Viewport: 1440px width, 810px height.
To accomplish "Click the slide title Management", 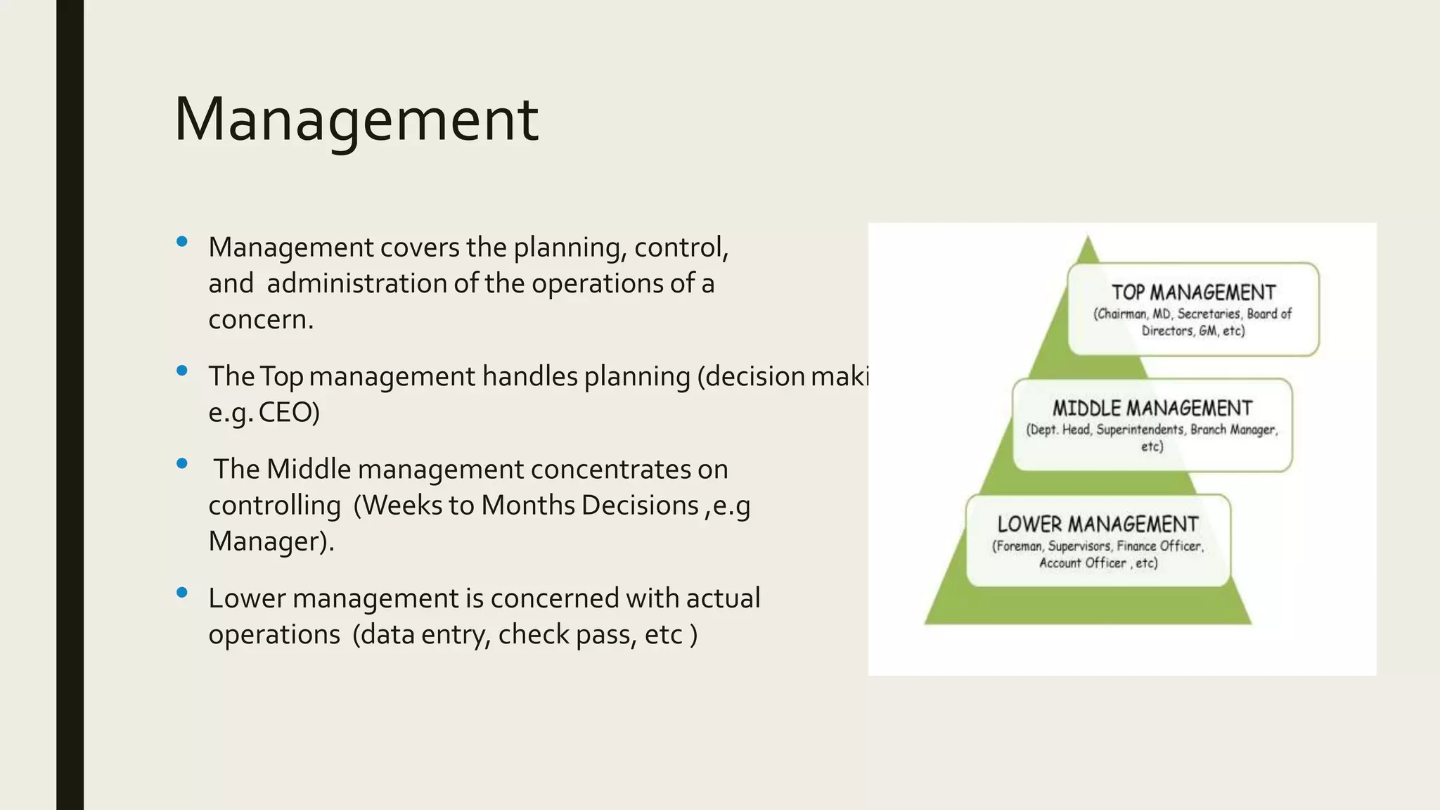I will [356, 120].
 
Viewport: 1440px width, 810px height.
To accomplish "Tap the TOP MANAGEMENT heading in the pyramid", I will [1193, 292].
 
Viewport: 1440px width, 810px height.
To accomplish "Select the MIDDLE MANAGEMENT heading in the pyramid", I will [1152, 409].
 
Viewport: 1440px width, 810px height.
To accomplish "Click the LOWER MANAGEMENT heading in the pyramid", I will [1098, 525].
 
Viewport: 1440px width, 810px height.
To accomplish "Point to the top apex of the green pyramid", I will [1088, 239].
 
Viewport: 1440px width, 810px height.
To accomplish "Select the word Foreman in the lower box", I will [1018, 546].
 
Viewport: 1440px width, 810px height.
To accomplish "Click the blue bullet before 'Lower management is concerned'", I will [182, 592].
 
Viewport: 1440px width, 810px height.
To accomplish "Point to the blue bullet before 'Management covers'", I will [182, 242].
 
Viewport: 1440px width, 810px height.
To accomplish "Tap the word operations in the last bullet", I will [274, 635].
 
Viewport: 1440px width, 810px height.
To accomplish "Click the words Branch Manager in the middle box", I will [1233, 430].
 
